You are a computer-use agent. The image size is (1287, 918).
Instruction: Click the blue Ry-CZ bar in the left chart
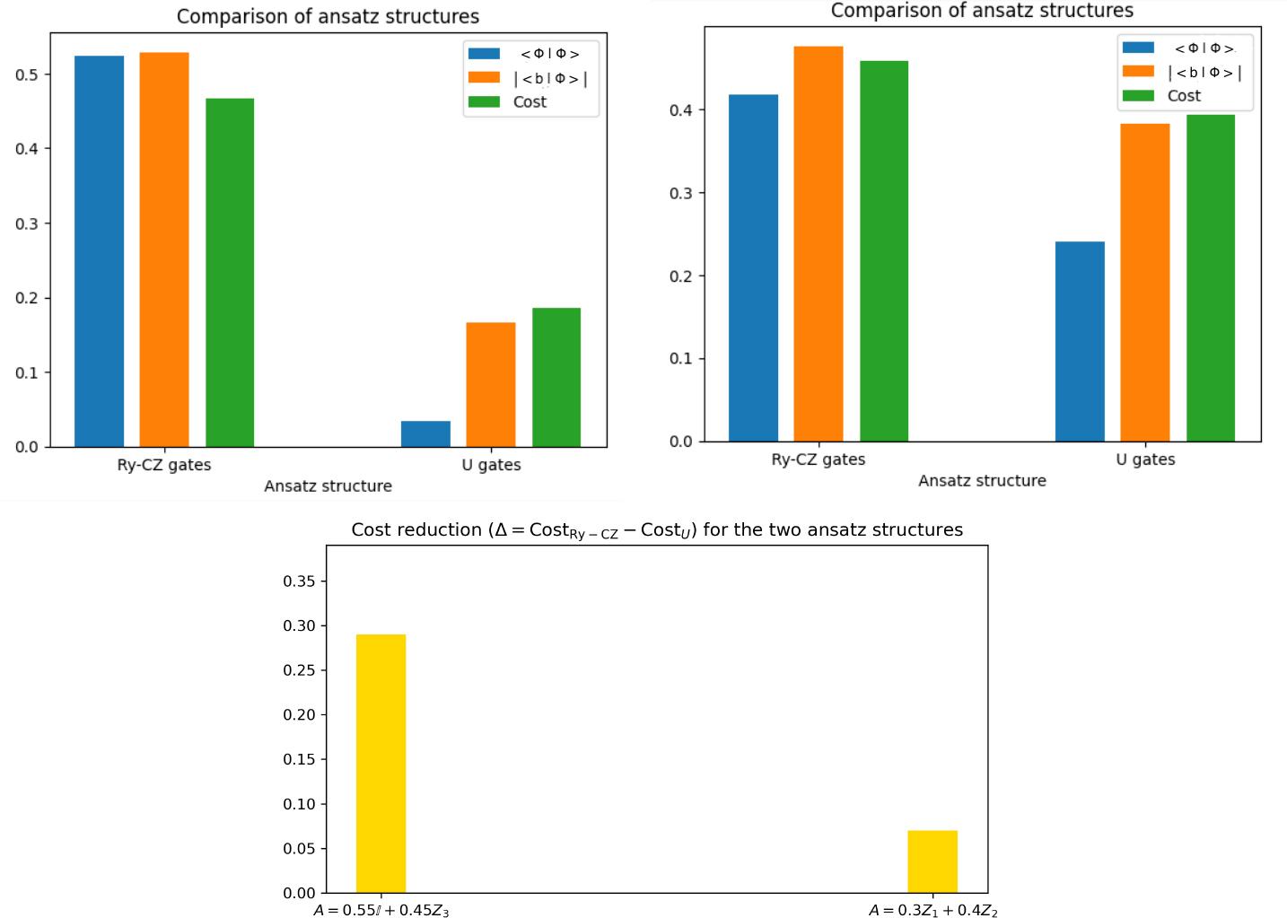click(x=99, y=251)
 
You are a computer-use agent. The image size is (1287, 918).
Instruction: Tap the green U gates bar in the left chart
click(x=556, y=377)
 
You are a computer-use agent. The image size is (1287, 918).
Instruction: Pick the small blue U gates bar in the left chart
click(x=425, y=433)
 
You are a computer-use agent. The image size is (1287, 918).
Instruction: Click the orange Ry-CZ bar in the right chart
click(x=818, y=243)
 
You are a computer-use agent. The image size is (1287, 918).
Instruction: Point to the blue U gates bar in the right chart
click(x=1080, y=341)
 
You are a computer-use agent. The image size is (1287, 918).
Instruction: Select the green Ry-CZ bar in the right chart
click(x=884, y=251)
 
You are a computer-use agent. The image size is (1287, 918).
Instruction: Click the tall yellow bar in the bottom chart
click(x=381, y=763)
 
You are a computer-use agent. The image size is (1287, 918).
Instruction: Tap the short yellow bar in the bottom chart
click(x=932, y=861)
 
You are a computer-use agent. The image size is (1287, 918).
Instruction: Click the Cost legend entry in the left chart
click(x=530, y=102)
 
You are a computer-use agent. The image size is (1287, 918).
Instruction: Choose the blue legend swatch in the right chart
click(x=1138, y=48)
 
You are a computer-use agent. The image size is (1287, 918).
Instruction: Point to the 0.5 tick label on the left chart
click(x=27, y=74)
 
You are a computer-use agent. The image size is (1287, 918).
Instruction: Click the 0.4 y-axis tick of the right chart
click(x=681, y=110)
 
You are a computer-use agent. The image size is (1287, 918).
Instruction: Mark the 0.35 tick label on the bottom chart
click(x=299, y=581)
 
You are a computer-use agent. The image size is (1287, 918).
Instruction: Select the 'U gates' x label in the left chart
click(x=491, y=465)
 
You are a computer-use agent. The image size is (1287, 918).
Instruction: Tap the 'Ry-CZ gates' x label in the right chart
click(x=818, y=459)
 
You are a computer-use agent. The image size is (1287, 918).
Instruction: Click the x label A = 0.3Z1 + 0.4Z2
click(x=932, y=911)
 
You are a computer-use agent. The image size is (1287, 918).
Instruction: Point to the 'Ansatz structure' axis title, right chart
click(x=982, y=481)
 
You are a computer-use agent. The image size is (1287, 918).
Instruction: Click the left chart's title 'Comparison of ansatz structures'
click(x=328, y=17)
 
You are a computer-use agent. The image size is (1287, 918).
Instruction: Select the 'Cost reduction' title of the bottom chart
click(x=656, y=530)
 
